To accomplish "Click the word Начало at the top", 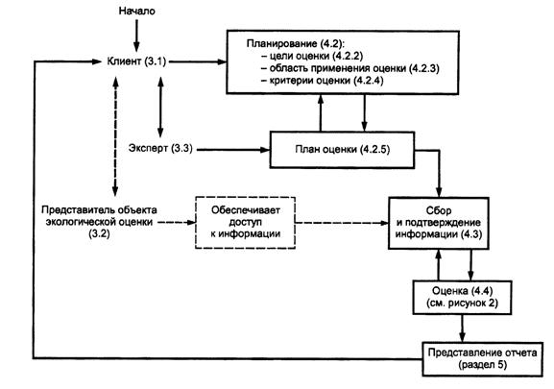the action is click(x=136, y=11).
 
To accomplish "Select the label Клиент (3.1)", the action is click(x=136, y=61).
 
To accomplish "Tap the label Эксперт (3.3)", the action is click(x=160, y=148).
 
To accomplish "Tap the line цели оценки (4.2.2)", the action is click(x=312, y=56).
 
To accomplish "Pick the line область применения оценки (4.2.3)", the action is click(x=350, y=68).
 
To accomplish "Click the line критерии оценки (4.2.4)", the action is click(x=323, y=81).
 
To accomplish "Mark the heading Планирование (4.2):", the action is click(x=296, y=43).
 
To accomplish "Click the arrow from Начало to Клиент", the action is click(x=136, y=36).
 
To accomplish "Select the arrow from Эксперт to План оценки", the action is click(x=233, y=150).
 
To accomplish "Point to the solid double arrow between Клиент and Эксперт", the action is click(x=160, y=107).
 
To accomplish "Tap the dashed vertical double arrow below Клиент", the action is click(x=115, y=136).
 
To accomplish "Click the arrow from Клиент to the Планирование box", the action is click(x=198, y=61).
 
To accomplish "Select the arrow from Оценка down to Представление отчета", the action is click(x=462, y=328).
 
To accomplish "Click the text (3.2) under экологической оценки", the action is click(x=99, y=233).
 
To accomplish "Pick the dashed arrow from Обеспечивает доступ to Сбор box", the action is click(x=342, y=223).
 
